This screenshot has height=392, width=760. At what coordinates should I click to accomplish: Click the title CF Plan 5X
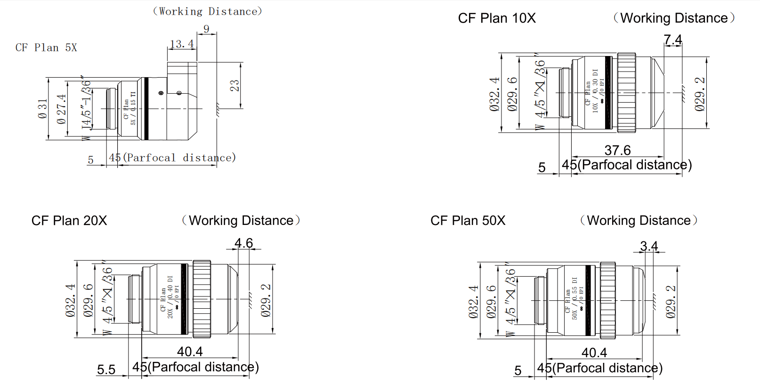pos(46,48)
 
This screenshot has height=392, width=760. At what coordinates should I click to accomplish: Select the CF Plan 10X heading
pos(497,18)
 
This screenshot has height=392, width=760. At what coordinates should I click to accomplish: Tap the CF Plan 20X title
pos(69,221)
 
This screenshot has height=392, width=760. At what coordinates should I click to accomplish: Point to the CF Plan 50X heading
pos(468,221)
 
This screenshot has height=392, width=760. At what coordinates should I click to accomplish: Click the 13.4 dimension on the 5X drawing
pos(182,44)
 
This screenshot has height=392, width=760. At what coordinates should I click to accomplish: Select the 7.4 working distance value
pos(673,40)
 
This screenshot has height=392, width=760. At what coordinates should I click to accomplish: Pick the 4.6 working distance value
pos(243,243)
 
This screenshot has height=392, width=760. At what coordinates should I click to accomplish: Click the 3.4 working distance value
pos(649,246)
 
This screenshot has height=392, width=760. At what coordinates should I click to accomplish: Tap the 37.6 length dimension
pos(617,150)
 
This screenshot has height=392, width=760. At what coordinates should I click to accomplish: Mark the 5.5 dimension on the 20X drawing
pos(106,369)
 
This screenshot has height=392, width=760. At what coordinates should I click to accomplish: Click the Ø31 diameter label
pos(43,109)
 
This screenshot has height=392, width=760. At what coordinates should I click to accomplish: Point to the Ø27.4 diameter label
pos(61,109)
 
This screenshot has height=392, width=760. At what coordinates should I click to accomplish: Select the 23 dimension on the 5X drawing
pos(234,86)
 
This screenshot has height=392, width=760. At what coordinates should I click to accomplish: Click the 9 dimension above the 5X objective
pos(206,29)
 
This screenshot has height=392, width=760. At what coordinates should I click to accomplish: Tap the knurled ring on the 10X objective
pos(626,92)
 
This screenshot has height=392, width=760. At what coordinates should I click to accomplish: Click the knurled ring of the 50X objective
pos(607,300)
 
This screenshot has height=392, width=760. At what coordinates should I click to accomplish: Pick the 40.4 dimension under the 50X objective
pos(594,352)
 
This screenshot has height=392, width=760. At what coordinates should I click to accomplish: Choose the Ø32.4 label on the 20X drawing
pos(70,300)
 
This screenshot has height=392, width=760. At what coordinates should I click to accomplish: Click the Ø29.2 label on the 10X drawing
pos(700,94)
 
